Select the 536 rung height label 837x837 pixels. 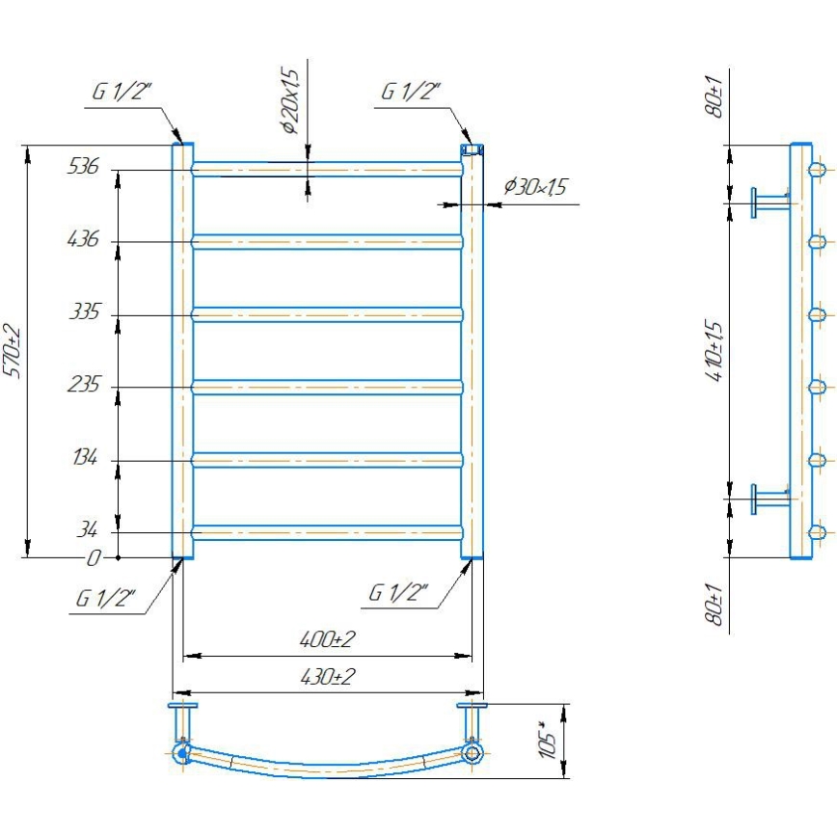click(x=83, y=166)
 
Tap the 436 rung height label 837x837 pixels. click(x=83, y=238)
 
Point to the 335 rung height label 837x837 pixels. click(x=83, y=312)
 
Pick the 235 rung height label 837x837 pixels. click(x=83, y=385)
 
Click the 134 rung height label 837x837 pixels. click(x=83, y=458)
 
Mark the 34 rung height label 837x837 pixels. click(x=88, y=530)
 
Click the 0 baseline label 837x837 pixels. click(x=94, y=557)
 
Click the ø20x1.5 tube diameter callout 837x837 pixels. click(x=290, y=99)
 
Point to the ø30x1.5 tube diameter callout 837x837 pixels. click(x=534, y=187)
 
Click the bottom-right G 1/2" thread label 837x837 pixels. click(x=398, y=592)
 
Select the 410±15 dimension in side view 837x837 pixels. click(x=715, y=352)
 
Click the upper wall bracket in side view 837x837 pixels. click(x=769, y=202)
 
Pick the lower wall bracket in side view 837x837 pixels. click(x=769, y=499)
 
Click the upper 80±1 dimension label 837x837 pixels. click(x=715, y=98)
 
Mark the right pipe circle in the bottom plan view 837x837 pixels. click(x=471, y=752)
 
